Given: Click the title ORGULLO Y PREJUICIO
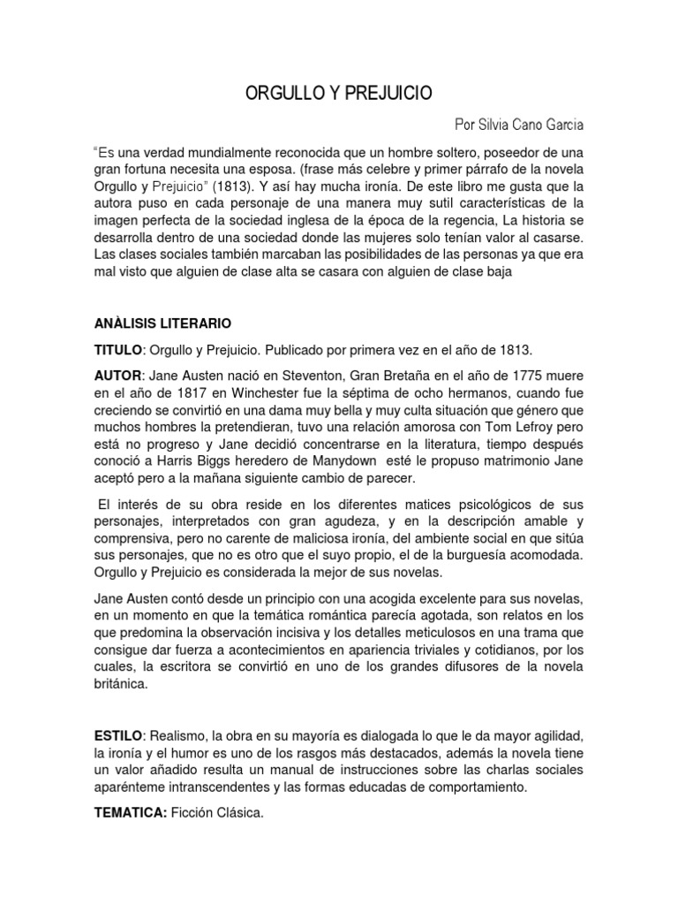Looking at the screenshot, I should coord(339,94).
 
